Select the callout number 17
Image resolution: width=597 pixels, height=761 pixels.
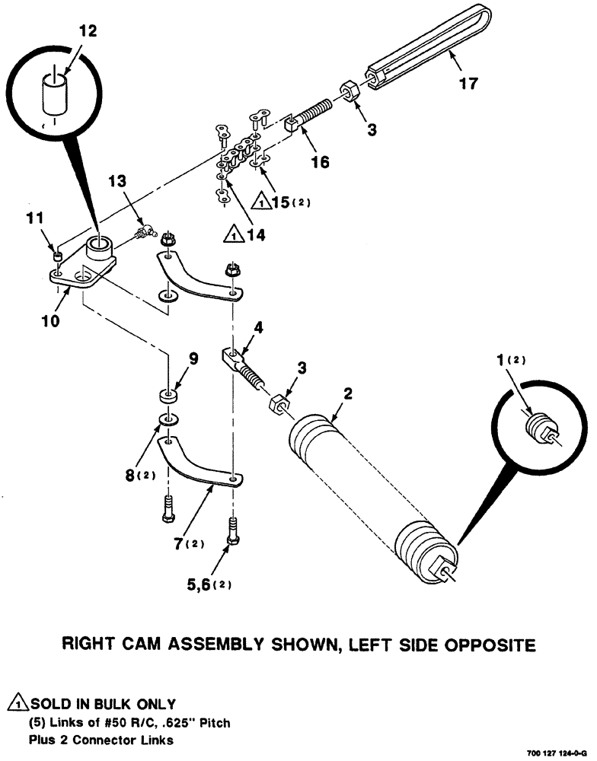click(x=469, y=83)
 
